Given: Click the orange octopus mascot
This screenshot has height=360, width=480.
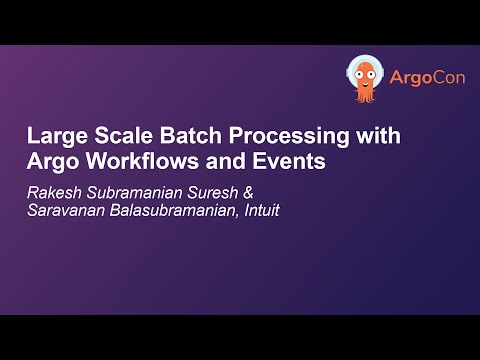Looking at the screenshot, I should [365, 78].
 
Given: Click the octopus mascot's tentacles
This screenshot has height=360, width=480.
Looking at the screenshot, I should [365, 96].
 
